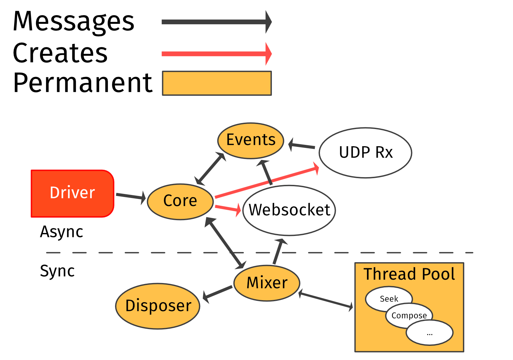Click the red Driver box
click(72, 193)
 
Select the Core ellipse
click(180, 202)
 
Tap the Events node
click(251, 141)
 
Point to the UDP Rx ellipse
click(365, 153)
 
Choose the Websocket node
click(289, 210)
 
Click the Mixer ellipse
click(267, 283)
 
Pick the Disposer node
click(158, 306)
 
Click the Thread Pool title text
click(409, 274)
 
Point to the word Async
click(62, 232)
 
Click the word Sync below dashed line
click(57, 271)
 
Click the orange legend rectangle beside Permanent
click(217, 83)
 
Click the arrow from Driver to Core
click(131, 196)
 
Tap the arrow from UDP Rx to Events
click(302, 146)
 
